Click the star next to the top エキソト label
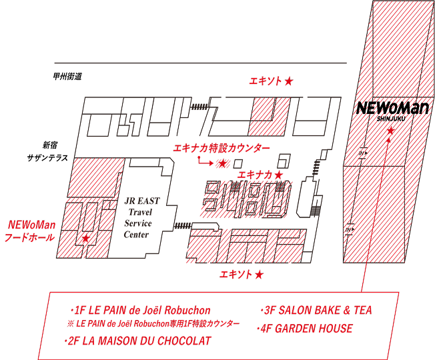tap(289, 81)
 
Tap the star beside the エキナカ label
tap(279, 175)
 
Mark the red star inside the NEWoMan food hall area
tap(85, 238)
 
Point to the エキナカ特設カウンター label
tap(222, 148)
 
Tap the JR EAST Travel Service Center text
tap(137, 217)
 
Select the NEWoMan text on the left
tap(32, 225)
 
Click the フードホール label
tap(29, 238)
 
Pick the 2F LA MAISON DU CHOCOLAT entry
tap(138, 341)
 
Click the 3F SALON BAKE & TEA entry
tap(316, 311)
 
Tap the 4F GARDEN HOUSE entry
tap(306, 329)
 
